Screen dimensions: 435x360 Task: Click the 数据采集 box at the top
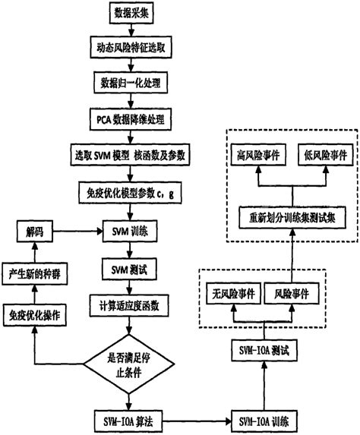click(x=134, y=14)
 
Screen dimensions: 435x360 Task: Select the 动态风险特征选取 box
click(x=134, y=46)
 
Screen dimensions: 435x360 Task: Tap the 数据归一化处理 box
click(x=134, y=81)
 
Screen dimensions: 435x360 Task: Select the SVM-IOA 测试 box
click(x=265, y=351)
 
